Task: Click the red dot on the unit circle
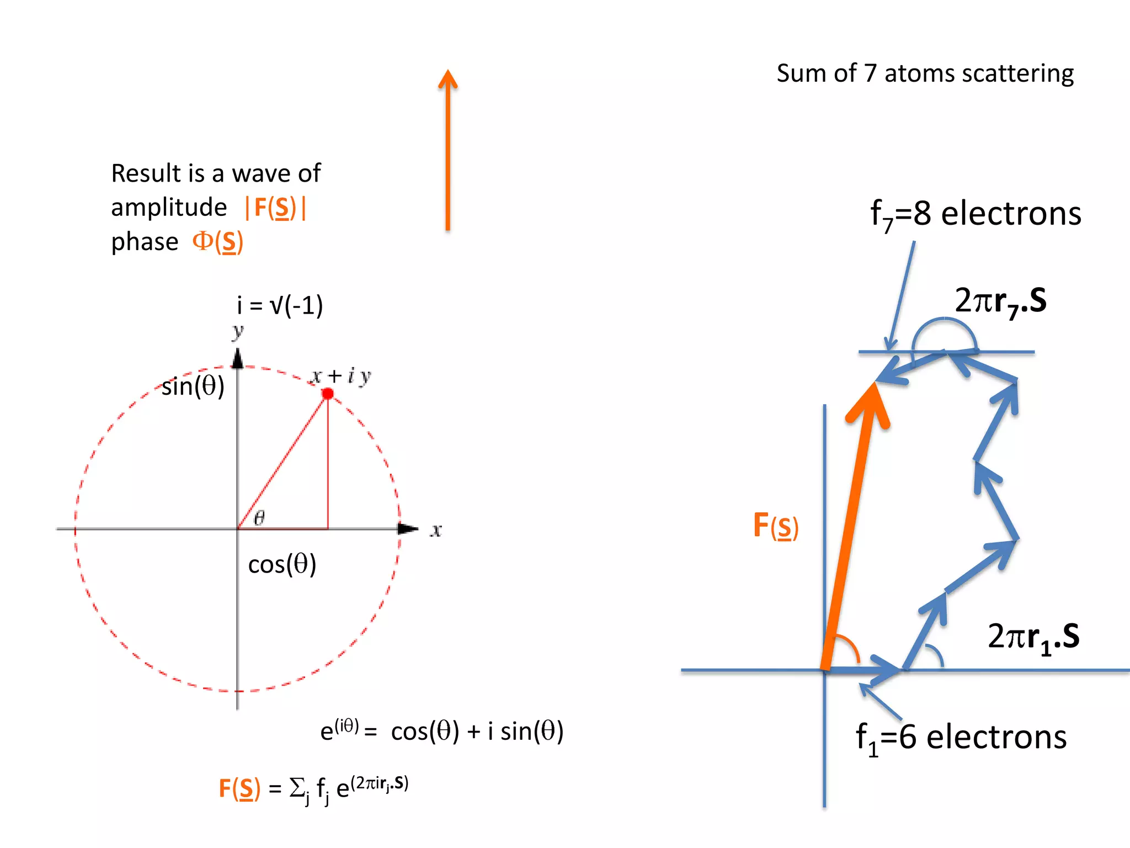click(x=328, y=394)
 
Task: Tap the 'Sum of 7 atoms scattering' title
click(x=925, y=73)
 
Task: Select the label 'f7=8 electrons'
click(x=975, y=214)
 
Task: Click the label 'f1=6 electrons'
click(x=961, y=738)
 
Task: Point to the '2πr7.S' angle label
click(x=1000, y=301)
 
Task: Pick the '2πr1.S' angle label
click(x=1033, y=637)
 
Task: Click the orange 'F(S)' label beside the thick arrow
click(x=775, y=526)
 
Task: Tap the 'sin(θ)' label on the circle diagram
click(x=193, y=386)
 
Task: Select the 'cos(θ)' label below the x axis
click(x=282, y=564)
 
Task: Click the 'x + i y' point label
click(x=340, y=377)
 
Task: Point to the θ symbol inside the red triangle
click(x=259, y=517)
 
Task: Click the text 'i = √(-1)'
click(x=280, y=305)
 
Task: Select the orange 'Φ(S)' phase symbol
click(x=217, y=242)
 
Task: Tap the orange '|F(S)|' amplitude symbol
click(x=275, y=208)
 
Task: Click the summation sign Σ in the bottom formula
click(x=298, y=787)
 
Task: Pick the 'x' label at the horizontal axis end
click(x=436, y=531)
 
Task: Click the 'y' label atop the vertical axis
click(x=238, y=331)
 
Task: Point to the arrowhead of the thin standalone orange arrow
click(x=448, y=79)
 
